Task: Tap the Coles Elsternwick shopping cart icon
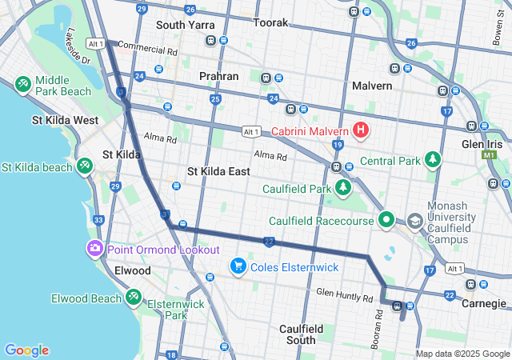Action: click(x=238, y=266)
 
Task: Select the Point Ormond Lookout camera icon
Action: click(x=95, y=249)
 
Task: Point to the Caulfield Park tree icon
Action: click(x=343, y=188)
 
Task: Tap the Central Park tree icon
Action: click(x=433, y=160)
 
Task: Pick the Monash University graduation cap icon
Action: click(x=414, y=220)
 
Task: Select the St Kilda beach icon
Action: click(x=85, y=166)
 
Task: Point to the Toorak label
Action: click(x=270, y=23)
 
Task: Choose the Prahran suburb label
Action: click(x=218, y=76)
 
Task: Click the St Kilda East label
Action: click(x=218, y=171)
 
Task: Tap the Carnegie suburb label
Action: click(x=484, y=303)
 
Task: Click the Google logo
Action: click(x=26, y=350)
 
